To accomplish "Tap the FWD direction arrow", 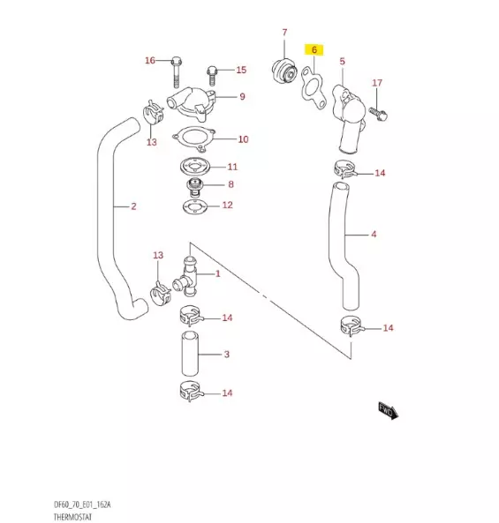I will [389, 409].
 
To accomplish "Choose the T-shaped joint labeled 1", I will [188, 273].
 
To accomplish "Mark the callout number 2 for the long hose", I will [133, 208].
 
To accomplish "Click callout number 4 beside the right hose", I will [374, 235].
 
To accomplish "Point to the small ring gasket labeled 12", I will [191, 206].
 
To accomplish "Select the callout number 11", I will [232, 167].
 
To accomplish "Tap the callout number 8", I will [231, 185].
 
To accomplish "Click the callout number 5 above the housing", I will [342, 62].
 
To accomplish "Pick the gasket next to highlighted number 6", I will [312, 87].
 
